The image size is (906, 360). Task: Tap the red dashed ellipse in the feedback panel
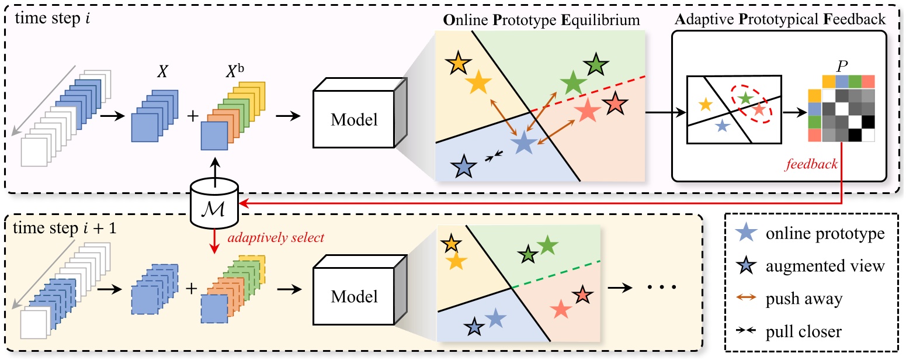tap(750, 105)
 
